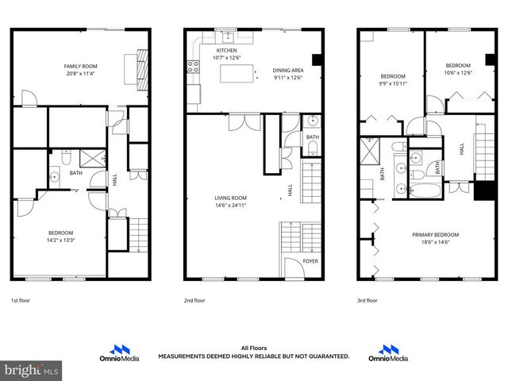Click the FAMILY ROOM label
pyautogui.click(x=81, y=66)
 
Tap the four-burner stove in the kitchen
pyautogui.click(x=192, y=67)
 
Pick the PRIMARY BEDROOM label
pyautogui.click(x=435, y=234)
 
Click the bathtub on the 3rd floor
pyautogui.click(x=418, y=190)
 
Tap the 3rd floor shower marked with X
pyautogui.click(x=370, y=150)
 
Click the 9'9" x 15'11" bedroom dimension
pyautogui.click(x=393, y=83)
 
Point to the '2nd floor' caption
pyautogui.click(x=194, y=301)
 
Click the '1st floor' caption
pyautogui.click(x=21, y=301)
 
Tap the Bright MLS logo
pyautogui.click(x=31, y=370)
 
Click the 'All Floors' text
pyautogui.click(x=253, y=348)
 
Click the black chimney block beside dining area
pyautogui.click(x=317, y=60)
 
